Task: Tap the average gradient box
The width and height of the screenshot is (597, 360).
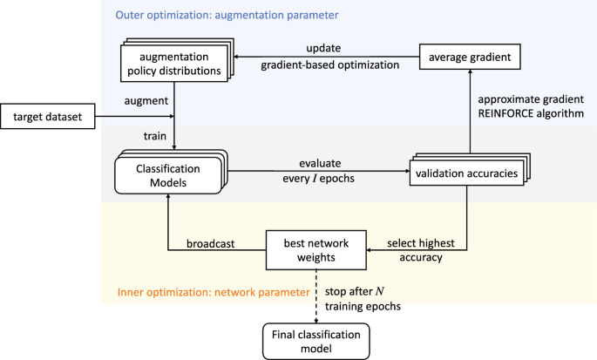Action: coord(470,58)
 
